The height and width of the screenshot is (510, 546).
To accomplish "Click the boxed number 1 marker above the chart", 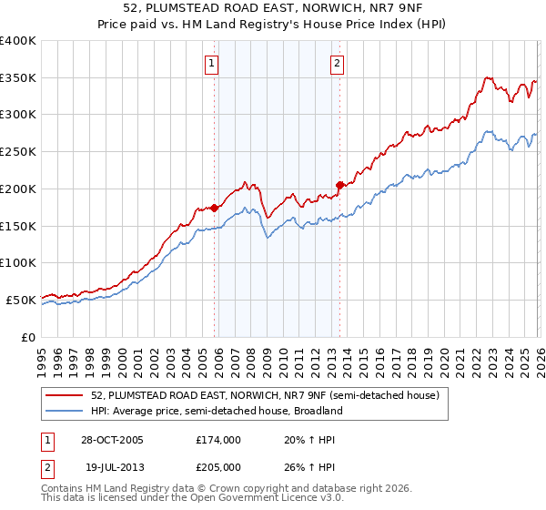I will point(211,64).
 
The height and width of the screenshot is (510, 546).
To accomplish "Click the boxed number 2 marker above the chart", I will point(337,64).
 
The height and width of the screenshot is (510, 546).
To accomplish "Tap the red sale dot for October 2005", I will point(215,208).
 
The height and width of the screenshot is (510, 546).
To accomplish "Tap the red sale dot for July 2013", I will point(339,185).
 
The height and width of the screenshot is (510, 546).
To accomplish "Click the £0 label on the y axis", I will point(29,337).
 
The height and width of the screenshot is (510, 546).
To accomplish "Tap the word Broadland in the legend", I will point(317,411).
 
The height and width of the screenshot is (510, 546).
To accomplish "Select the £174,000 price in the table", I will point(218,440).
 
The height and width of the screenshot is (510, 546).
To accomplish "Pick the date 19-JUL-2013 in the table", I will point(111,466).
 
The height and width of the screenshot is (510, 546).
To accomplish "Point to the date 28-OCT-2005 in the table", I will point(111,440).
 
